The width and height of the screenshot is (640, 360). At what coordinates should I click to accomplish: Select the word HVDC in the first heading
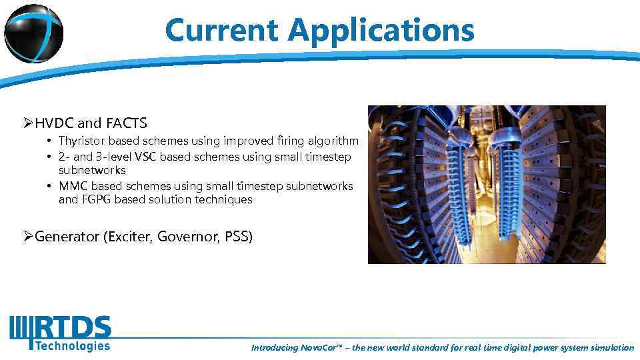55,123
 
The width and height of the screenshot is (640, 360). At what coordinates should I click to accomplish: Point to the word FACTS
126,123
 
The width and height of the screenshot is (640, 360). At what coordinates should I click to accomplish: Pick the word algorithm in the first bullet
333,141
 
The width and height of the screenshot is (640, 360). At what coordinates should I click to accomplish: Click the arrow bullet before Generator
27,237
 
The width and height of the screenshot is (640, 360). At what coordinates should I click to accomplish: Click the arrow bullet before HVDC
27,123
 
